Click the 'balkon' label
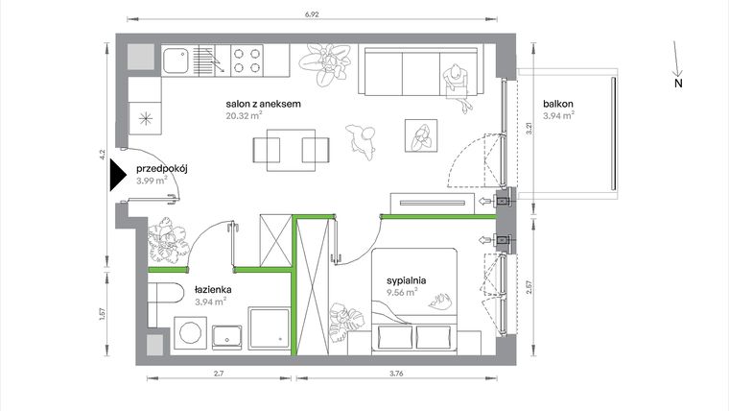pyautogui.click(x=557, y=104)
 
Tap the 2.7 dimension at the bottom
pyautogui.click(x=219, y=374)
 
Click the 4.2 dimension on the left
pyautogui.click(x=101, y=152)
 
